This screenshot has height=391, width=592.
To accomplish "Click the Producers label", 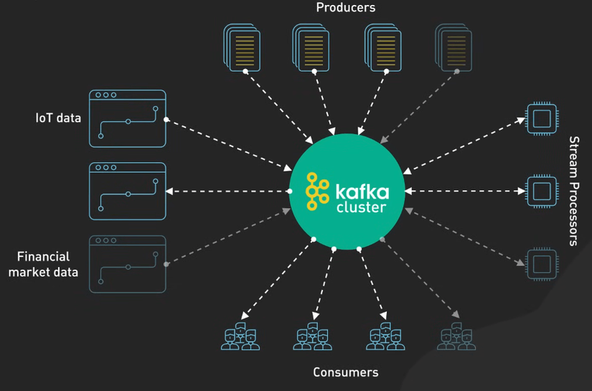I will (345, 8).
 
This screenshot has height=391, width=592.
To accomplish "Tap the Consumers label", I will (345, 372).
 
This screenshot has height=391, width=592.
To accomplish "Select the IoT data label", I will (58, 118).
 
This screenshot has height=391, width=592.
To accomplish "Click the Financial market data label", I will (43, 264).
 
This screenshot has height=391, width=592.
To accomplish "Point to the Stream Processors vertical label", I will (573, 191).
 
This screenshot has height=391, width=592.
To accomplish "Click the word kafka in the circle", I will (362, 192).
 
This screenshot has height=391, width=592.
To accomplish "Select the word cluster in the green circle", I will (361, 208).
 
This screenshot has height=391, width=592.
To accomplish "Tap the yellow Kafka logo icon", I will (317, 192).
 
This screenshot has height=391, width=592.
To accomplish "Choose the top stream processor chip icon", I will (542, 118).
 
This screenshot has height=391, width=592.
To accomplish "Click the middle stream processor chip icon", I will (542, 192).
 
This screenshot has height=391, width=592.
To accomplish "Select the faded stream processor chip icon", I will (542, 263).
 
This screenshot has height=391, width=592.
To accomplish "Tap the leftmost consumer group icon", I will (240, 336).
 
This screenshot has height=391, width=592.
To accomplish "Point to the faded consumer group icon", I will (456, 336).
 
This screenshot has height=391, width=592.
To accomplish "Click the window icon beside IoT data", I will (128, 118).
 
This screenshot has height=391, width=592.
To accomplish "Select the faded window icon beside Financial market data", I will (128, 264).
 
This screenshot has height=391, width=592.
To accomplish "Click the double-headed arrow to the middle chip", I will (465, 192).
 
